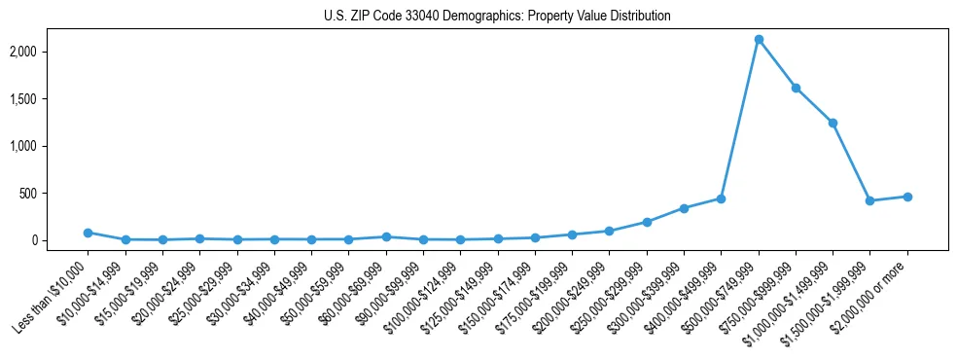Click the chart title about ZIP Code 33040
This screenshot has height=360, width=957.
point(497,17)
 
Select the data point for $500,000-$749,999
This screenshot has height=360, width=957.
point(759,39)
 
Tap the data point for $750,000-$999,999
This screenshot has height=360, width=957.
point(796,88)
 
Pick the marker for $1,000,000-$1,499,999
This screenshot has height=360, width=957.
point(833,123)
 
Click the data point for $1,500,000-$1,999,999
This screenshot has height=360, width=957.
point(870,200)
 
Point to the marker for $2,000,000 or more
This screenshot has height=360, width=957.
point(907,197)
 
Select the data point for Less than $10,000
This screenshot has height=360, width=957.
point(88,233)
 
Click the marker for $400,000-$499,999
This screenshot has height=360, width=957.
point(721,198)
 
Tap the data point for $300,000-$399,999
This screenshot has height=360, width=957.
point(684,208)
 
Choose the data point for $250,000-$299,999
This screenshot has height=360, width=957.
point(647,222)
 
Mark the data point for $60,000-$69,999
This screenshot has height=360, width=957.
point(386,236)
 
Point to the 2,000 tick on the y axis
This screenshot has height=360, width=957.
point(49,52)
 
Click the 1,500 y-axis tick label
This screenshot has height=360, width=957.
point(49,99)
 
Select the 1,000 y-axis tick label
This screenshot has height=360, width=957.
point(49,146)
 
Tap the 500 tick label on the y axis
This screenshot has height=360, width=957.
point(53,194)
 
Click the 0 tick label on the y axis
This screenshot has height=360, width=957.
point(59,240)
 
